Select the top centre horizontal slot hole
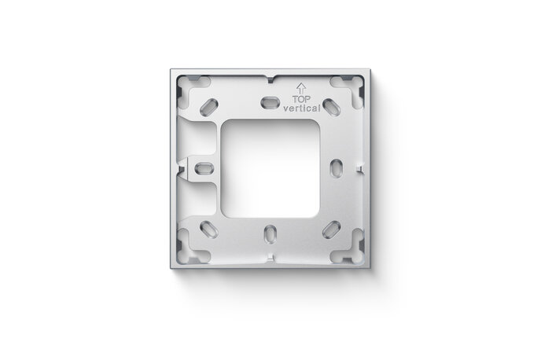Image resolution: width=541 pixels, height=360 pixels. click(x=269, y=102)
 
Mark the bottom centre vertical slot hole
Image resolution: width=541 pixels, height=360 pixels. click(x=270, y=233)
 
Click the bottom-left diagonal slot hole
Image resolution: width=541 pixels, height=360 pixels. click(x=210, y=229)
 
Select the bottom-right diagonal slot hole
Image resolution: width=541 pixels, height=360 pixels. click(x=330, y=229)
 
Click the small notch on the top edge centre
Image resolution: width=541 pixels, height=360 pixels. click(x=270, y=79)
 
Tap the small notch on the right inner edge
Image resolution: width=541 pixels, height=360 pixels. click(x=361, y=167)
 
